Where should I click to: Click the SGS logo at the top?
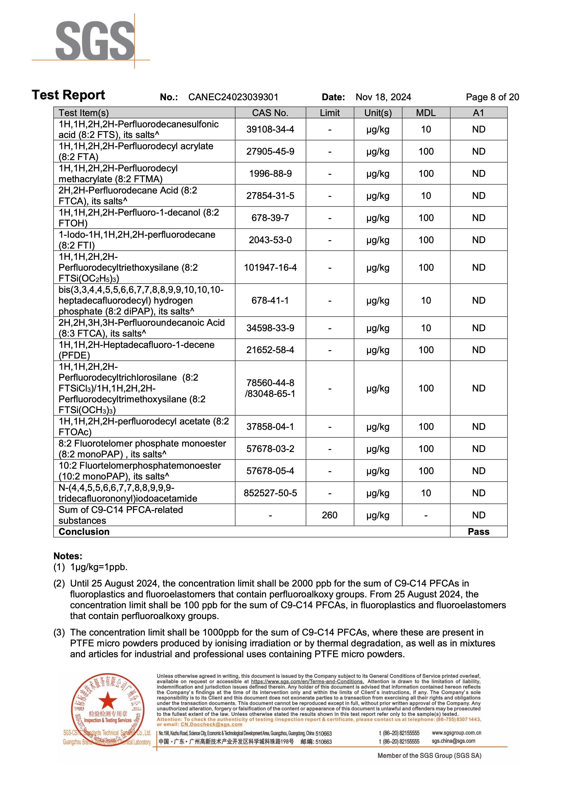95,40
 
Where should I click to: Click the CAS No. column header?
270,113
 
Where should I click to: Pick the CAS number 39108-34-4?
270,129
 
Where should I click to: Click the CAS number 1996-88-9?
270,174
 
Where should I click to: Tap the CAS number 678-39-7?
270,218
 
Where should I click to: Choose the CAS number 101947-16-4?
270,267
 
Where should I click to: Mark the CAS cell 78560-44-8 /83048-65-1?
270,388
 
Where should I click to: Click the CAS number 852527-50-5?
270,493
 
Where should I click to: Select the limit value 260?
329,515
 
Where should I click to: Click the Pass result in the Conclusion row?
478,531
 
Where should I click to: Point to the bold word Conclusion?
84,531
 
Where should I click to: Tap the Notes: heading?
68,556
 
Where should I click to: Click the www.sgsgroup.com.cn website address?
456,733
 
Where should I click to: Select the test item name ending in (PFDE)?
136,350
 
